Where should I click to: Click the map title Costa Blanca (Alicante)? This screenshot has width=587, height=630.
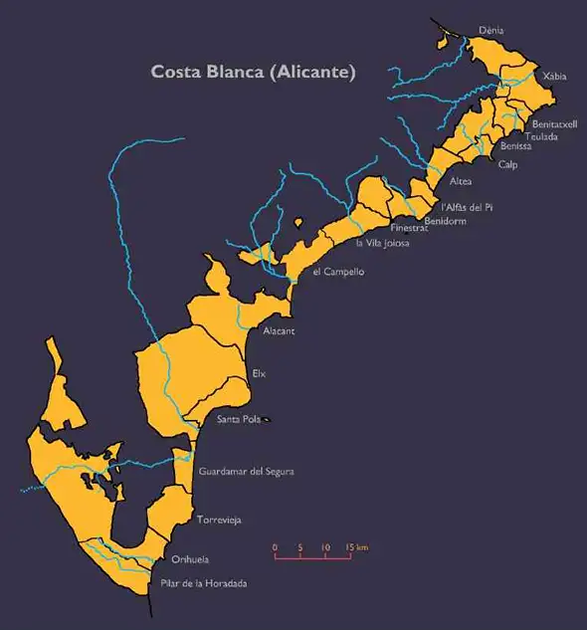tap(253, 72)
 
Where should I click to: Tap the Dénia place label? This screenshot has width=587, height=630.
tap(490, 31)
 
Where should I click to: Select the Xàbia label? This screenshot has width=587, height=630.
tap(549, 76)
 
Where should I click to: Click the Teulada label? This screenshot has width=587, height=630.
tap(541, 135)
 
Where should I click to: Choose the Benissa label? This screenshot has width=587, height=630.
tap(515, 146)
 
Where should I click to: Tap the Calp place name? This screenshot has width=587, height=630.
tap(507, 164)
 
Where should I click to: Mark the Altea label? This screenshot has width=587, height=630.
tap(461, 182)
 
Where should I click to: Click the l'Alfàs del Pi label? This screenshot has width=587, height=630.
tap(468, 207)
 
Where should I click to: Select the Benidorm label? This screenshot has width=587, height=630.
tap(445, 220)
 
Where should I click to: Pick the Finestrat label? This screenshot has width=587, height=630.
tap(408, 228)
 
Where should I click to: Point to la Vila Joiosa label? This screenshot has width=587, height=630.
tap(383, 242)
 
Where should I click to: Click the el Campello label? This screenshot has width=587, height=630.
tap(338, 271)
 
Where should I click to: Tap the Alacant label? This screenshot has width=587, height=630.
tap(280, 330)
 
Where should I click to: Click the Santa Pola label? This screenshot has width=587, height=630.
tap(239, 420)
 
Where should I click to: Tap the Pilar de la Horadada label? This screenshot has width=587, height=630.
tap(203, 583)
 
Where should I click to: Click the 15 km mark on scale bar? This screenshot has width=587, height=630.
tap(357, 547)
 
